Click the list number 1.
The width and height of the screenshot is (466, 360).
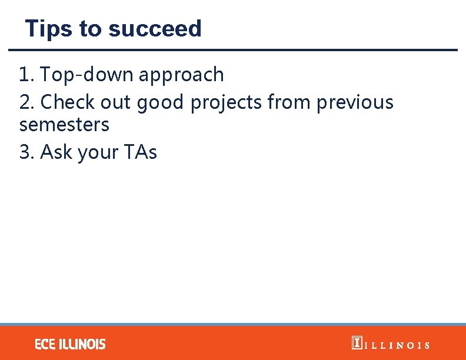(x=25, y=75)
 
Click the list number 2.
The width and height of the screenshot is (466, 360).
(x=26, y=102)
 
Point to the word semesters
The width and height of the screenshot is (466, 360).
(x=64, y=125)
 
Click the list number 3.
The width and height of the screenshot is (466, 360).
(x=26, y=152)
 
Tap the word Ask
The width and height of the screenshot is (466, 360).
(x=55, y=152)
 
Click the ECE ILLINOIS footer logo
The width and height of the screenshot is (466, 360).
(x=70, y=344)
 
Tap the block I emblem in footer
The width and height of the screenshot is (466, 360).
(x=357, y=343)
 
